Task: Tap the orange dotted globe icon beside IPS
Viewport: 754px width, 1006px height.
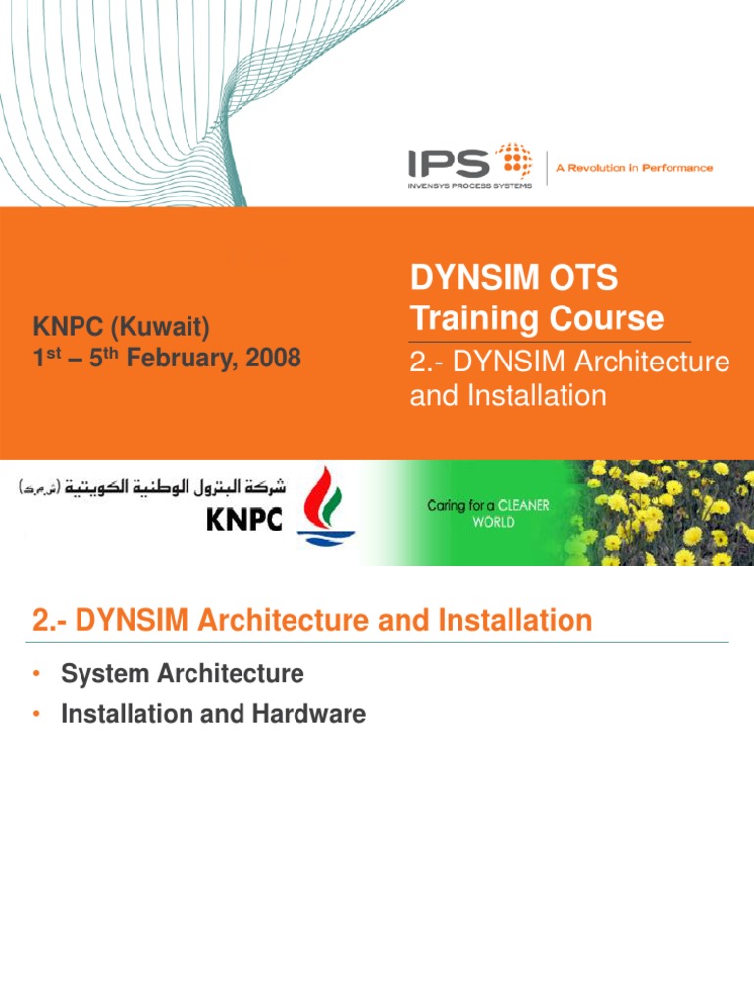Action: point(512,160)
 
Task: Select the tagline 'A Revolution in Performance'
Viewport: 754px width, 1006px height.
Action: point(634,168)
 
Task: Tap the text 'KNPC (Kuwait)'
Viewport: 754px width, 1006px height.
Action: point(122,326)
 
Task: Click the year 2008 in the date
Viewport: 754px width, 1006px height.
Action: point(273,358)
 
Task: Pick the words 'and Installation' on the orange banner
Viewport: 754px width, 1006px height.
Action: point(507,395)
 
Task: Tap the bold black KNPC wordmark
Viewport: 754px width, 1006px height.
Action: point(244,519)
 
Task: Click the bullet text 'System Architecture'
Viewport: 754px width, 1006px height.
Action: point(182,674)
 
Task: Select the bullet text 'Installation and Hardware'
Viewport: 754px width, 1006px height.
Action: point(213,714)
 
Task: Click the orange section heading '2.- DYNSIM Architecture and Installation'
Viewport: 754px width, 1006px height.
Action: point(312,620)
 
